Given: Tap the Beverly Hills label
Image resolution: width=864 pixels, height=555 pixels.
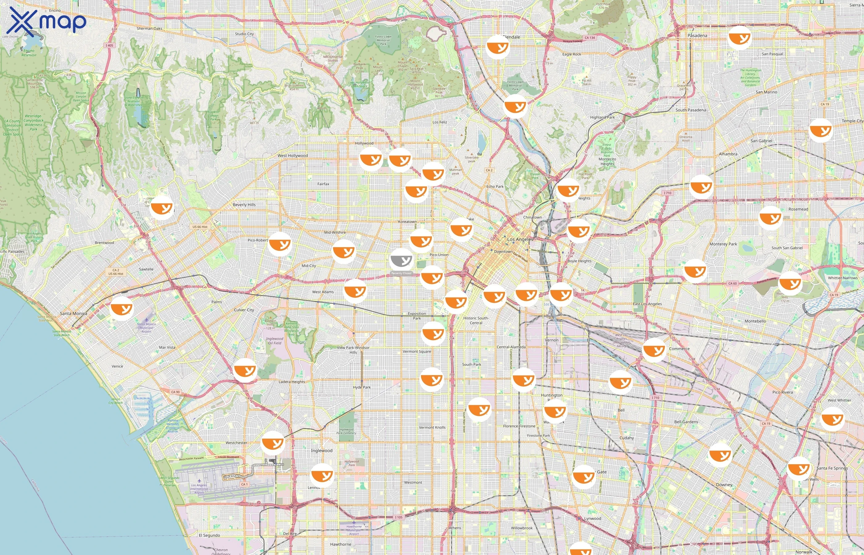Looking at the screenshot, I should coord(244,205).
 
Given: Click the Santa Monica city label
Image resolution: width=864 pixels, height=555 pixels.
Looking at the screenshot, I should coord(73,314).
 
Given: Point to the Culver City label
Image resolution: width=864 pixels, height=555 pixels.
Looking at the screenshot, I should coord(244,310).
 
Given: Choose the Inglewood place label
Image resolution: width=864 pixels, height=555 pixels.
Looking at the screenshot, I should coord(322,450).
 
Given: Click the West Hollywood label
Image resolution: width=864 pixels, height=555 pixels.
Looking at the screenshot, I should coord(293,156).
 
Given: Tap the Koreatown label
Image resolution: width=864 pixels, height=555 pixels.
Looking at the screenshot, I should coord(407,222).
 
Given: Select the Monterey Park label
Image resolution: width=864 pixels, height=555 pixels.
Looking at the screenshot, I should coord(723,244).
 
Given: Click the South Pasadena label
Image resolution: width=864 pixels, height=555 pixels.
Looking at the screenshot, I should coord(691,110).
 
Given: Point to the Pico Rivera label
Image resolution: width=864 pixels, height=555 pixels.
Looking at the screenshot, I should coord(783,392).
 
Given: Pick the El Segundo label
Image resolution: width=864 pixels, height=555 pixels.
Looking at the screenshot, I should coord(209,536).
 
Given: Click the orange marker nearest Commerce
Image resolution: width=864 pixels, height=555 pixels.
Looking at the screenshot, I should coord(654,350).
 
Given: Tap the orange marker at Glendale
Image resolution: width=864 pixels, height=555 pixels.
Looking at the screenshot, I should coord(498,47).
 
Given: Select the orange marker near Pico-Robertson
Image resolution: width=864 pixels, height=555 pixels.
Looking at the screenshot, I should coord(280,244).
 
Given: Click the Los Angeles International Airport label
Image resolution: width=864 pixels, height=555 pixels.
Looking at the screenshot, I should coord(199,489).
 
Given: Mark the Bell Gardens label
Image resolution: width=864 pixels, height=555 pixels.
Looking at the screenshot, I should coord(686,422).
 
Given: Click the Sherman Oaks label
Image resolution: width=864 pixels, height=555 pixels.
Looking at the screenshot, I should coord(149,28).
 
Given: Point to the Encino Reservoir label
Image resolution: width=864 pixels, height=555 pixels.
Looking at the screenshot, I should coord(29,53).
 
